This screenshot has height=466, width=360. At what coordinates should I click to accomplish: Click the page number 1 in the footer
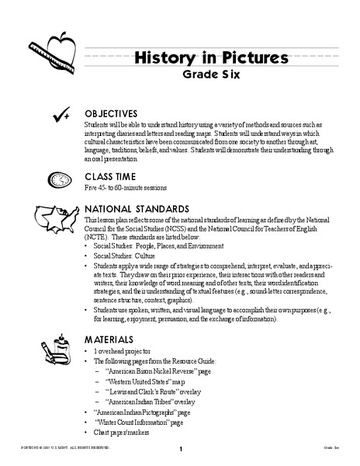180,450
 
